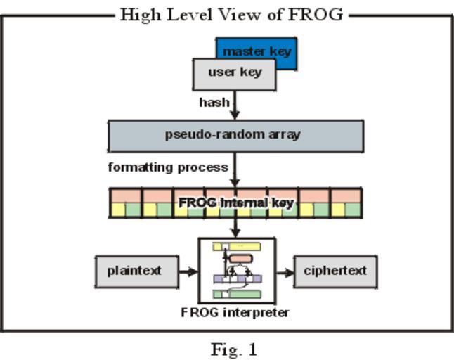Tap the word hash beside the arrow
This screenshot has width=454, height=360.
pyautogui.click(x=214, y=103)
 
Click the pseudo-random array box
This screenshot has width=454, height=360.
pyautogui.click(x=235, y=136)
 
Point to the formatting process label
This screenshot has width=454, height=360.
pyautogui.click(x=167, y=167)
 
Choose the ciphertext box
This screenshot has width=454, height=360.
pyautogui.click(x=335, y=271)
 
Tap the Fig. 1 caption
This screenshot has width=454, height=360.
pyautogui.click(x=234, y=349)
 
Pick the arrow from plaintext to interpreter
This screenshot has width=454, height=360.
pyautogui.click(x=188, y=271)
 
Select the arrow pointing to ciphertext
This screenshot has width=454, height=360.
pyautogui.click(x=284, y=271)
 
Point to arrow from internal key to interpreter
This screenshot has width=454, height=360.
pyautogui.click(x=235, y=228)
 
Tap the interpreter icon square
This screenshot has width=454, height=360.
pyautogui.click(x=237, y=271)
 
